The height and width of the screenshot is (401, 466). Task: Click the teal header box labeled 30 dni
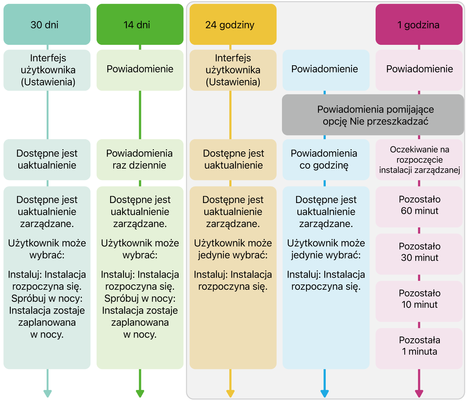click(47, 24)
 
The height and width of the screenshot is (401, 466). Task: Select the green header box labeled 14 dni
click(140, 24)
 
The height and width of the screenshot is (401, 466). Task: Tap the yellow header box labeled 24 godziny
click(233, 24)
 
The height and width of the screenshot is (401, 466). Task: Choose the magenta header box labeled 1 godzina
click(419, 24)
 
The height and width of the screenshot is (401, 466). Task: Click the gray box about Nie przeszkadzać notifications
click(373, 115)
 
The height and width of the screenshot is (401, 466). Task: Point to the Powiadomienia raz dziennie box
click(140, 160)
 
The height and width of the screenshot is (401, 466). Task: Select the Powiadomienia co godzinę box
click(326, 160)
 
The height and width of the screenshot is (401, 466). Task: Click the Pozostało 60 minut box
click(419, 207)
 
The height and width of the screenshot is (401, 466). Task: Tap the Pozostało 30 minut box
click(419, 254)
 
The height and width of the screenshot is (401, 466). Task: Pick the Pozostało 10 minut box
click(419, 301)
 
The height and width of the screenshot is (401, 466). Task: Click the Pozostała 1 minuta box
click(419, 349)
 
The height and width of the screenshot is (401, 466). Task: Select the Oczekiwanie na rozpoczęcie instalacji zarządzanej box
click(419, 160)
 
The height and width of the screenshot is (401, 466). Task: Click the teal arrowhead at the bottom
click(48, 394)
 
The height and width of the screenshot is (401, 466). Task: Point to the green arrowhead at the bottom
click(140, 394)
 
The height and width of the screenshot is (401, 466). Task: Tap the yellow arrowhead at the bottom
click(230, 394)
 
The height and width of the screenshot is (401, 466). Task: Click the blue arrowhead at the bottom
click(325, 394)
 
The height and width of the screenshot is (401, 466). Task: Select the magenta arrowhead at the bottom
click(419, 394)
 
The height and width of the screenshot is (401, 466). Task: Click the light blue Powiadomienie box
click(326, 70)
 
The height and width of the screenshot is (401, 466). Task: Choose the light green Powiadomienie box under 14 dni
click(140, 70)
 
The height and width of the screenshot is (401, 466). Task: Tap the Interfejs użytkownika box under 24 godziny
click(233, 70)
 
